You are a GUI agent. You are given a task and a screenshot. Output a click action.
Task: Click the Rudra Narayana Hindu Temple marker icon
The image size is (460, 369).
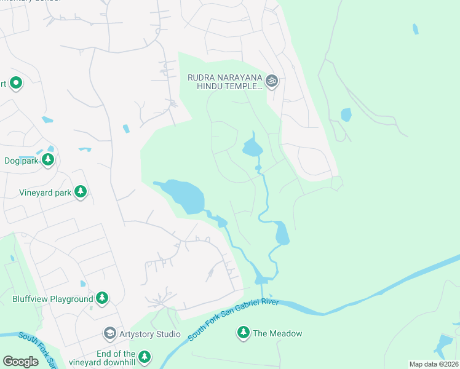(x=272, y=80)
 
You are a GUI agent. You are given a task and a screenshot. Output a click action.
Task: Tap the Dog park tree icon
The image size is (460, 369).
(x=48, y=161)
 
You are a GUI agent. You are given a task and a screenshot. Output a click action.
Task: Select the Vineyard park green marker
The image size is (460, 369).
(x=80, y=192)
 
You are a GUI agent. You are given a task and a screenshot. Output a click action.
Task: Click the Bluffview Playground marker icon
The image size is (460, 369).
(x=102, y=299)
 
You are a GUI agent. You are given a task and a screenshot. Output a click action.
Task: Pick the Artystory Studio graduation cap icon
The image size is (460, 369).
(x=110, y=334)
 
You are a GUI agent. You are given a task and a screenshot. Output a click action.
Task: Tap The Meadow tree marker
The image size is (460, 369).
(x=244, y=333)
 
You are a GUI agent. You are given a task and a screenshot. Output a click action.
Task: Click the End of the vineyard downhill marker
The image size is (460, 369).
(x=145, y=357)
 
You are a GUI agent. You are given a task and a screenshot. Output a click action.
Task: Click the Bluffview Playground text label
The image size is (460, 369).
(x=53, y=300)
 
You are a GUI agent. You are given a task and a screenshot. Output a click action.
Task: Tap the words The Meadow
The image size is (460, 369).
(x=277, y=333)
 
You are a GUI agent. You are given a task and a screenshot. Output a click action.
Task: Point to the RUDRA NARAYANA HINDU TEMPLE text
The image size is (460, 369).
(x=225, y=82)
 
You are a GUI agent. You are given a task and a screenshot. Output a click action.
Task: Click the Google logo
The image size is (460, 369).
(x=21, y=362)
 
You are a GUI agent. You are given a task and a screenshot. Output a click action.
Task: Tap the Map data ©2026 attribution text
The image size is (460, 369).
(x=434, y=364)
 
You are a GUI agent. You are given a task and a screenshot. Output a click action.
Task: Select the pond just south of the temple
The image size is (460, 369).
(x=252, y=148)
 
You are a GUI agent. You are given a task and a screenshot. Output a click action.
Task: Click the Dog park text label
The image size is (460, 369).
(x=22, y=161)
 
